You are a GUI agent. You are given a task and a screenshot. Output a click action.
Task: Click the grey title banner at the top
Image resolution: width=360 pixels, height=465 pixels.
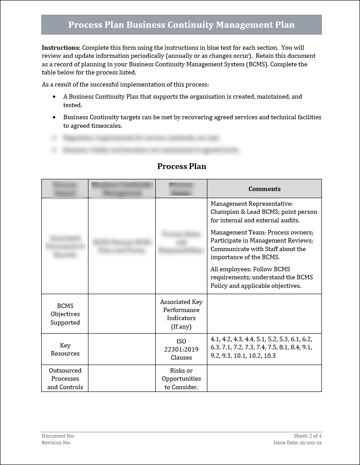[181, 25]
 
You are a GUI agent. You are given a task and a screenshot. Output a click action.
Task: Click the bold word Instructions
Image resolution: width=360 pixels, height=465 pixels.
[61, 48]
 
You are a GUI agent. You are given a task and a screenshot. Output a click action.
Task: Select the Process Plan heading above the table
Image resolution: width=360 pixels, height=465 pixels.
[181, 166]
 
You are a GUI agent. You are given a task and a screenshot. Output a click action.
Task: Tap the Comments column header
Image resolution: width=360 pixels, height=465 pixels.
[264, 189]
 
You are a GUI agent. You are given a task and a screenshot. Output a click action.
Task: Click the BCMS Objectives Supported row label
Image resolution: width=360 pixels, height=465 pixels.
[65, 314]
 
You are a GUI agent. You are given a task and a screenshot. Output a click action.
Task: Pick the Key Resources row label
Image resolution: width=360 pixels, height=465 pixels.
[65, 349]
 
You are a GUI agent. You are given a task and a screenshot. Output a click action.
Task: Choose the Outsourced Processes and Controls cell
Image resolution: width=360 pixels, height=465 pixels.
[65, 378]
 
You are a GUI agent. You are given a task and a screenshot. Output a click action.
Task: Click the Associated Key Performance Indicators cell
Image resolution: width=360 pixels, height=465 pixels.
[181, 314]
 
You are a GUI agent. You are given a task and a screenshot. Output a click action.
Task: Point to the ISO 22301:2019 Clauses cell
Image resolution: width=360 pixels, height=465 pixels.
[181, 349]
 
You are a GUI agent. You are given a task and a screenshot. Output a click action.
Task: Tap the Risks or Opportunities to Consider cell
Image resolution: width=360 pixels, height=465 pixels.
[181, 378]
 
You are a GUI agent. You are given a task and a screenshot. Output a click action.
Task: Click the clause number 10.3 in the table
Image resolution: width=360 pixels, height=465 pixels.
[269, 356]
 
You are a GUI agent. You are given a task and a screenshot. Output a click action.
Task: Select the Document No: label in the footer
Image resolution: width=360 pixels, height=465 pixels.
[58, 436]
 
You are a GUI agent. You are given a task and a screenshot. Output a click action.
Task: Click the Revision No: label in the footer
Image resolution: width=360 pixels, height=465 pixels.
[56, 443]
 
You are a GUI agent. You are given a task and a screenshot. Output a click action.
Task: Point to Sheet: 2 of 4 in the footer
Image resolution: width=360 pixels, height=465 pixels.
[307, 436]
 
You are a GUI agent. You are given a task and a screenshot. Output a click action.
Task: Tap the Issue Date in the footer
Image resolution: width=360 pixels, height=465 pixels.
[298, 443]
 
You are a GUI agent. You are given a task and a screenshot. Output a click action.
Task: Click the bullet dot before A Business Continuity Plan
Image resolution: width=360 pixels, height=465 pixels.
[54, 97]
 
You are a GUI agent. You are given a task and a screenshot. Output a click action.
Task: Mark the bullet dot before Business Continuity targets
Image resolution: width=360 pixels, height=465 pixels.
[54, 117]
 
